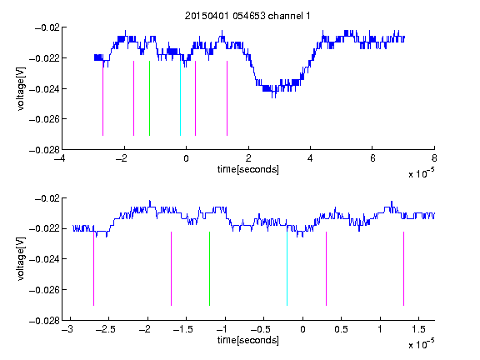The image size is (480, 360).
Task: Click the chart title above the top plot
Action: click(x=247, y=16)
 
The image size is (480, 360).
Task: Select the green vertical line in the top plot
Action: click(x=149, y=98)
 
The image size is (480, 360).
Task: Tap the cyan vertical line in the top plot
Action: click(x=180, y=98)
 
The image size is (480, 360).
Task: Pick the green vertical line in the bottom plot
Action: click(x=209, y=268)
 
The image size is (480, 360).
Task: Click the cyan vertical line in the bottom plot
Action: click(x=287, y=268)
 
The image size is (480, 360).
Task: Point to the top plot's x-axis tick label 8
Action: click(x=434, y=158)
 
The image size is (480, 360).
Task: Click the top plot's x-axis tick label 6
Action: click(x=372, y=158)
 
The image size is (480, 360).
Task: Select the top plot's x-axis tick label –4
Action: click(x=60, y=158)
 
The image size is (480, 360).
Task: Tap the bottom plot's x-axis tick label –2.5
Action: click(x=106, y=329)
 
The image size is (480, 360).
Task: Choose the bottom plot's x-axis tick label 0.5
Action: click(x=341, y=329)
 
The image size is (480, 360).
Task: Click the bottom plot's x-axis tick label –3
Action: click(x=67, y=329)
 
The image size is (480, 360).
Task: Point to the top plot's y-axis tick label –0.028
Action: click(x=44, y=150)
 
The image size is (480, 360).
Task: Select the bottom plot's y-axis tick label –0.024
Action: click(x=44, y=259)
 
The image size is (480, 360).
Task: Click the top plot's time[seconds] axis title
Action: click(x=248, y=169)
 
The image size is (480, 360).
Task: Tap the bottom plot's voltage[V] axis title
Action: click(x=21, y=259)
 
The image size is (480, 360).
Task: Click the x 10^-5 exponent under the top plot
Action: click(x=421, y=173)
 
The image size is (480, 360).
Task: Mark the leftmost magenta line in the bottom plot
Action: click(x=93, y=268)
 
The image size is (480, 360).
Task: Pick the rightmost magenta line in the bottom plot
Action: click(x=403, y=268)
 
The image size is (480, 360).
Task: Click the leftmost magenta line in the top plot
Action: click(x=102, y=98)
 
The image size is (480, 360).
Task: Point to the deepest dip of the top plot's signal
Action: click(x=272, y=97)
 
